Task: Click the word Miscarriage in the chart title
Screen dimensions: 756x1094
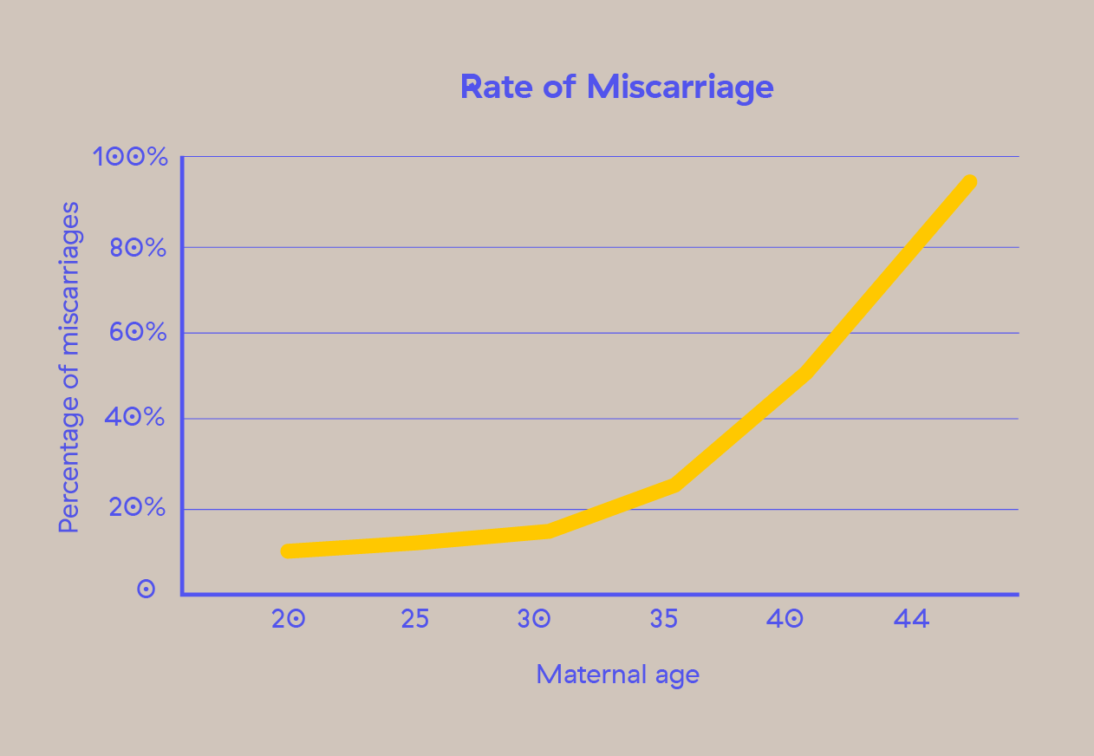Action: [x=680, y=87]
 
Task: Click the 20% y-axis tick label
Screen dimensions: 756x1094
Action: [x=136, y=508]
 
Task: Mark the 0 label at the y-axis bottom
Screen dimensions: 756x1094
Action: [x=147, y=590]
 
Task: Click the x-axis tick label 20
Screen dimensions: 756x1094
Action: [x=288, y=619]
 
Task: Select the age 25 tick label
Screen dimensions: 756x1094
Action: [x=414, y=619]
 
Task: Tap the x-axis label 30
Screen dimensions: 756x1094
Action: [x=535, y=619]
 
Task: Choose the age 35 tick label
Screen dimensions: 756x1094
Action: [x=663, y=619]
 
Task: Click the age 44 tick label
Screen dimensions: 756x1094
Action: [x=911, y=619]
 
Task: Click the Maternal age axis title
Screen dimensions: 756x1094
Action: [x=617, y=674]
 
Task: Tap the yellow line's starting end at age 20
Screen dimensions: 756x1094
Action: [x=287, y=551]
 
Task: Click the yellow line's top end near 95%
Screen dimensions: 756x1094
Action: [x=970, y=182]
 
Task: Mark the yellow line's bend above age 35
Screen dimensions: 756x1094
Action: [x=674, y=484]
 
